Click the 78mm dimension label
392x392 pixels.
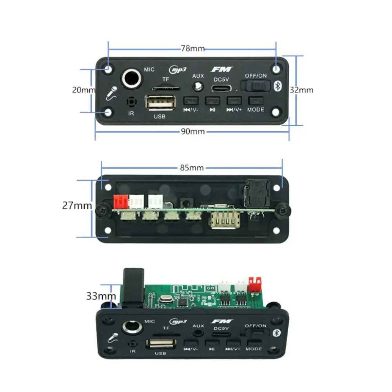pyautogui.click(x=192, y=49)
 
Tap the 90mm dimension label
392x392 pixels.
pyautogui.click(x=193, y=131)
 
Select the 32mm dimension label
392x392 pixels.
pyautogui.click(x=301, y=90)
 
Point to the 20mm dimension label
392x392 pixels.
pyautogui.click(x=83, y=90)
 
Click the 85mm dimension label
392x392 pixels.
pyautogui.click(x=192, y=168)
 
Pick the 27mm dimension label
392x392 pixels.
pyautogui.click(x=77, y=205)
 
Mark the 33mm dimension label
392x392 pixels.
pyautogui.click(x=101, y=296)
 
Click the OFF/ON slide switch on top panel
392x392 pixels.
pyautogui.click(x=256, y=86)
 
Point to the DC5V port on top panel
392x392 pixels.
pyautogui.click(x=221, y=88)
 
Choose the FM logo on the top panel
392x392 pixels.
pyautogui.click(x=222, y=70)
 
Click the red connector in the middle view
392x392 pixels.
pyautogui.click(x=121, y=201)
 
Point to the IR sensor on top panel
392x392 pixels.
pyautogui.click(x=131, y=102)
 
